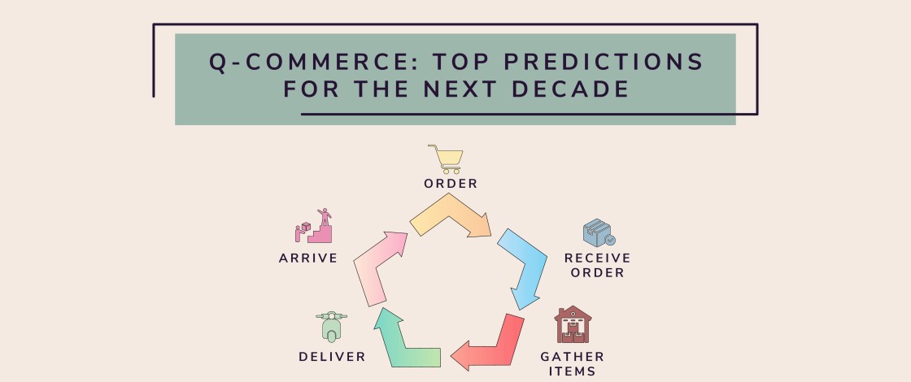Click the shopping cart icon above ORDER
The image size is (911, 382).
pos(446,158)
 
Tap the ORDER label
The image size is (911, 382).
pos(451,184)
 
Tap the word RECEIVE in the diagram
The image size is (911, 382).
pos(598,258)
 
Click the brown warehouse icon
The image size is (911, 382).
pos(573,325)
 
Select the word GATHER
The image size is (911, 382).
pos(573,357)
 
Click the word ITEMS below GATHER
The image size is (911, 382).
pos(573,371)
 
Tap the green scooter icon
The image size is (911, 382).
pos(331,327)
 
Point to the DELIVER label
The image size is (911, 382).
pos(332,357)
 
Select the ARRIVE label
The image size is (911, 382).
pos(308,258)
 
